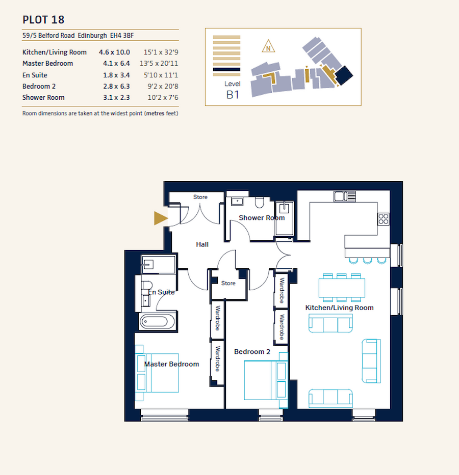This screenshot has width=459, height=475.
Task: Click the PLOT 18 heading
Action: coord(43,20)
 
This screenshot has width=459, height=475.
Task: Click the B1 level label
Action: coord(233,94)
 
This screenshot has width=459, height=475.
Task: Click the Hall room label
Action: coord(202,244)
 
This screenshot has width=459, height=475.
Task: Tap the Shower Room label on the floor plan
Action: coord(262,218)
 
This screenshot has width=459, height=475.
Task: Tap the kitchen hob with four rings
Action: coord(384,219)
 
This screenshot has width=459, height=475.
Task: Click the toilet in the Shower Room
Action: coord(259,203)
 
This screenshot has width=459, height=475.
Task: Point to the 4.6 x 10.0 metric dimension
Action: coord(114,52)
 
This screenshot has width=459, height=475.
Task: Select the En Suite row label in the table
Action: coord(35,75)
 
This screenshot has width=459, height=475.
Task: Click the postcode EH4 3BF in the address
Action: coord(124,36)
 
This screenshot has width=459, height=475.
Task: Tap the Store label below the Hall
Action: coord(228,283)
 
